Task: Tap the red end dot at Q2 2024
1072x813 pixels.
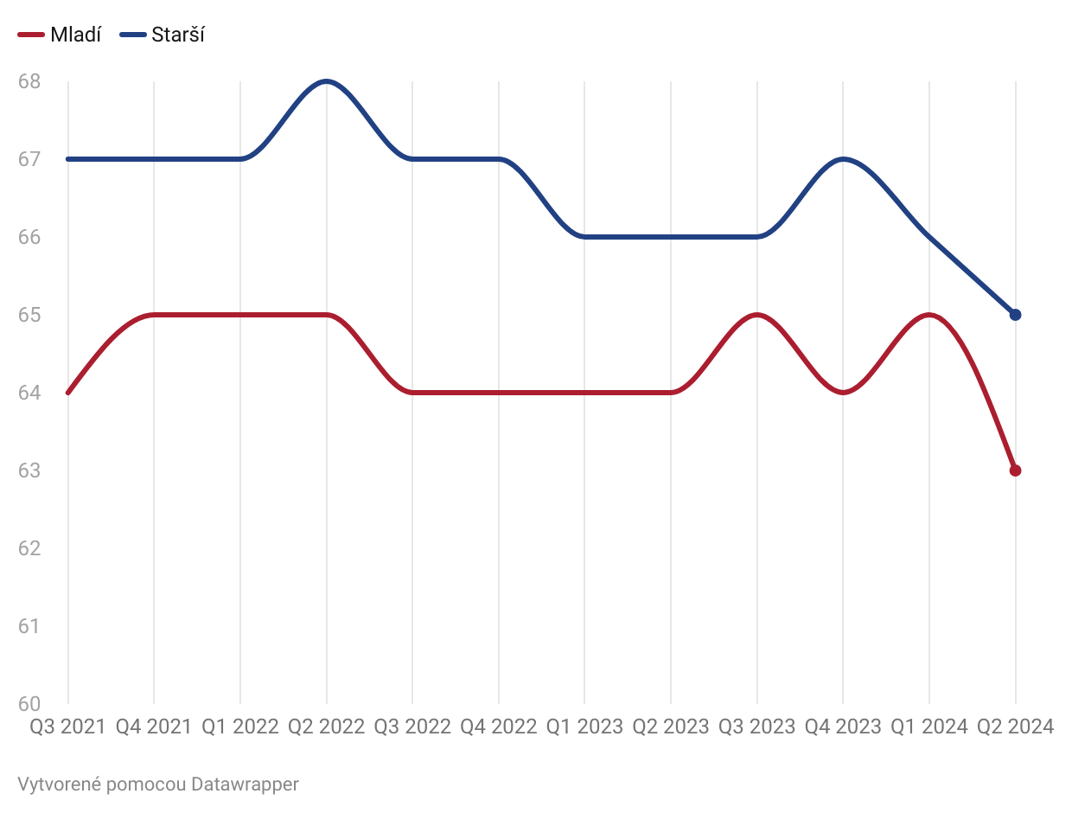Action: click(x=1015, y=471)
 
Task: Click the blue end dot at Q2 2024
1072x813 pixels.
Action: click(x=1015, y=315)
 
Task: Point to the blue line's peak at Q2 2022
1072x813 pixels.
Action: click(x=326, y=81)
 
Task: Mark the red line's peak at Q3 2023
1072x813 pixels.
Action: click(x=757, y=315)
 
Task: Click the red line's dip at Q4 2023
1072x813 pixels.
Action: click(x=843, y=393)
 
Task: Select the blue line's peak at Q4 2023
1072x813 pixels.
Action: click(x=843, y=159)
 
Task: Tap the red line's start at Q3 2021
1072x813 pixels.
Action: click(x=67, y=393)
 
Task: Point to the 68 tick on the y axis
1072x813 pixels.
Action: click(x=29, y=81)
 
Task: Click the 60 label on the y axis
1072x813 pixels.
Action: click(x=29, y=704)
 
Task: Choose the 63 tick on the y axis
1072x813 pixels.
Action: click(x=29, y=471)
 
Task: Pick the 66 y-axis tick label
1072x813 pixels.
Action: click(x=29, y=237)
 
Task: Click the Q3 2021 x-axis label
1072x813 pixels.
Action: click(x=67, y=727)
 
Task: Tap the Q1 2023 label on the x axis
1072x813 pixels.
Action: click(x=584, y=727)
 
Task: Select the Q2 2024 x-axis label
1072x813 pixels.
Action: click(x=1015, y=727)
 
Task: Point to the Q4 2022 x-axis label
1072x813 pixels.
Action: click(x=498, y=727)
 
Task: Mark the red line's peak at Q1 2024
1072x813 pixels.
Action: click(x=929, y=315)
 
